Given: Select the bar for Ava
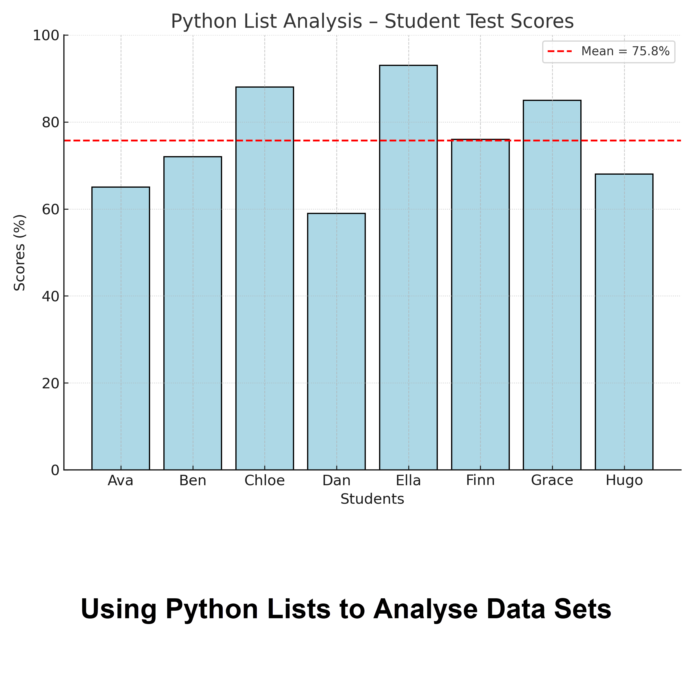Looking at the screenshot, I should pos(121,328).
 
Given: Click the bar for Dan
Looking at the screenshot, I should pos(336,341).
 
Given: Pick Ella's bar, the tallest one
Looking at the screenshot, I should pos(408,267).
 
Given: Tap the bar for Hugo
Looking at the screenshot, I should pos(624,322).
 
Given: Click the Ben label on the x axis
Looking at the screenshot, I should pos(193,481).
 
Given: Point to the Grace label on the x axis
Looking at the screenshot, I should pos(552,481).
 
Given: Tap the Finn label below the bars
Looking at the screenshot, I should pos(480,481).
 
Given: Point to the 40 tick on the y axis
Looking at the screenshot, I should pos(50,296).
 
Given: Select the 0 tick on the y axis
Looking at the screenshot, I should pos(55,470).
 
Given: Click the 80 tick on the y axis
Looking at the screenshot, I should pos(50,123).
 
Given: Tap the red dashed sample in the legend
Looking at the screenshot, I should pos(559,51).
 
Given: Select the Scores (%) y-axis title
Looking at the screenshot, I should pos(20,252).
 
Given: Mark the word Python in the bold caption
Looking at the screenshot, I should pos(212,609).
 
